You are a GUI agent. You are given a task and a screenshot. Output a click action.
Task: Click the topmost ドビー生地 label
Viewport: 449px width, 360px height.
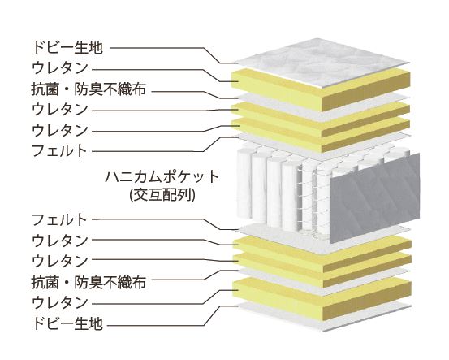(x=67, y=48)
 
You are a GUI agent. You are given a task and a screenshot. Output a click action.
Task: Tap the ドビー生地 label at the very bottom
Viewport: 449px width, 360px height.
(x=67, y=324)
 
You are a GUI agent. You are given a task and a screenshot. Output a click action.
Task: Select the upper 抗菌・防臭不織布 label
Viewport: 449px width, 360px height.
(x=89, y=89)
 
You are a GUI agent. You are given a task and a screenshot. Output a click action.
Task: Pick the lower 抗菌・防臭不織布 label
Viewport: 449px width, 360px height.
(x=89, y=282)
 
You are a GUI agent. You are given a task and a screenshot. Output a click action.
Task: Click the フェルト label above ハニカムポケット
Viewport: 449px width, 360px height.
(x=59, y=150)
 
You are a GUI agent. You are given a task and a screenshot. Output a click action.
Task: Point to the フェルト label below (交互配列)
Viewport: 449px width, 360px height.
(x=59, y=220)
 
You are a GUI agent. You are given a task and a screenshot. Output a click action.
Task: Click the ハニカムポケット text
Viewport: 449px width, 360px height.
(x=162, y=177)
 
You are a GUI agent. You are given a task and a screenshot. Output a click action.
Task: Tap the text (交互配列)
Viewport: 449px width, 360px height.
(x=162, y=196)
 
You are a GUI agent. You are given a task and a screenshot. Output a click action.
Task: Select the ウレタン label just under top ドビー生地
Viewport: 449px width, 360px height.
(x=60, y=68)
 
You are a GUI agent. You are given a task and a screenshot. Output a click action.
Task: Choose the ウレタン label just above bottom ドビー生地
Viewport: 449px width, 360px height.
(x=60, y=303)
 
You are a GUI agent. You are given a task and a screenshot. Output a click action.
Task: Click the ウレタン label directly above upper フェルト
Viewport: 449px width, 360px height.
(x=60, y=130)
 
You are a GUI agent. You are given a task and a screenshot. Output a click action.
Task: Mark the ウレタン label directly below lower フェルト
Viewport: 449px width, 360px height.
(x=60, y=241)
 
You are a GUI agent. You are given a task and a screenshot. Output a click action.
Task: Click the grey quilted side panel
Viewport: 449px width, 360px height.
(x=375, y=198)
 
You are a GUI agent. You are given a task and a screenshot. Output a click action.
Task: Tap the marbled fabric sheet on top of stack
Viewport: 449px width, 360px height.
(x=322, y=63)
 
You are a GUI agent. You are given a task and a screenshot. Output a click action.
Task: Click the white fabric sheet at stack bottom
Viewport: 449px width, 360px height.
(x=324, y=317)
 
